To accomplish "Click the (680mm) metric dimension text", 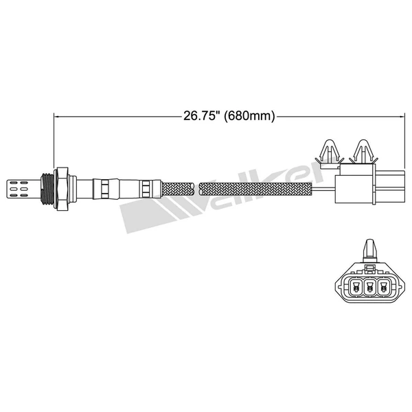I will tap(249, 116).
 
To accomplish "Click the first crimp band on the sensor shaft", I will tap(101, 185).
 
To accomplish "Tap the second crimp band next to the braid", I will tap(146, 185).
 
